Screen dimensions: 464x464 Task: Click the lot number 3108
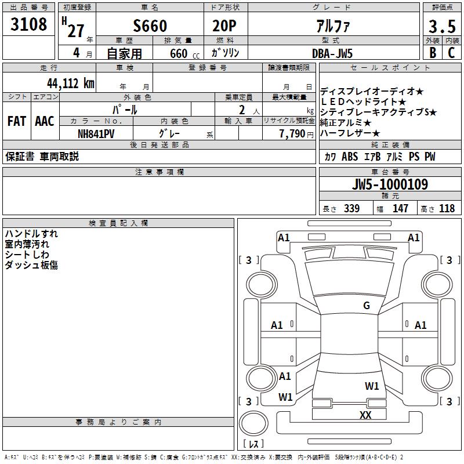29,24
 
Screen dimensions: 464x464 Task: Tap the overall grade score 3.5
441,26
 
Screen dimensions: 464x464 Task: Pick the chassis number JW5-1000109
390,184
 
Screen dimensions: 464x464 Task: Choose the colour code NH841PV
96,133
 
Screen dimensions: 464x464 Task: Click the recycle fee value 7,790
292,133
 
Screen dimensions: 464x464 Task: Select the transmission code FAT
17,121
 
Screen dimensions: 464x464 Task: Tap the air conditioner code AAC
45,121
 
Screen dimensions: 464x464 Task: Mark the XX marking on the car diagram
365,415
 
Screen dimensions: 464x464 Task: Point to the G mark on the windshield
366,306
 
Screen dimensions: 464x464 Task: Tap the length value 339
351,209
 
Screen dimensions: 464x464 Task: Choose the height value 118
447,209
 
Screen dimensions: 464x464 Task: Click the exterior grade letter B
432,53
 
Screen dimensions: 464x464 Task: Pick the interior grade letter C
451,53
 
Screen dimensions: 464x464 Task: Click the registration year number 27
75,30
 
